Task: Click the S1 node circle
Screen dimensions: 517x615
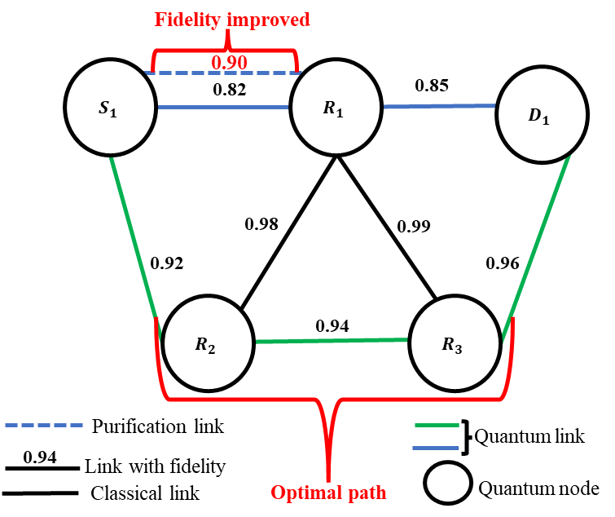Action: point(110,108)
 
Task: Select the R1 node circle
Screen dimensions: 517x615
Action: point(335,108)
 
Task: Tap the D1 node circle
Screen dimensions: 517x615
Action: point(542,115)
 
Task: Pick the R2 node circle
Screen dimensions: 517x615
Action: point(207,343)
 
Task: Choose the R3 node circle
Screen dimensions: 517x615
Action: point(454,343)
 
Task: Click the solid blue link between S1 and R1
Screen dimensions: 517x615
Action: point(223,107)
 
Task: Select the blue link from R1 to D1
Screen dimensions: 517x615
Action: point(439,106)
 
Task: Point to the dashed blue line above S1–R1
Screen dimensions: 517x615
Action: point(223,73)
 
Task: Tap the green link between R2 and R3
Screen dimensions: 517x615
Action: point(331,341)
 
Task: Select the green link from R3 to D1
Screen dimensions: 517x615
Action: point(537,245)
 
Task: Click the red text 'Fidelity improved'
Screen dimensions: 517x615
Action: point(233,20)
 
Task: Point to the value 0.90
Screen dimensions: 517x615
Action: point(229,62)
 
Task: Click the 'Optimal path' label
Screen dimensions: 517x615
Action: point(328,493)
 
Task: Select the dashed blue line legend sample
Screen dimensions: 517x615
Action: point(44,425)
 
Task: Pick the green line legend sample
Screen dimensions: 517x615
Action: point(437,425)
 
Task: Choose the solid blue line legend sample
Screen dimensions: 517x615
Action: point(436,448)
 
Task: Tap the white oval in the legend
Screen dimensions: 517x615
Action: point(448,483)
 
